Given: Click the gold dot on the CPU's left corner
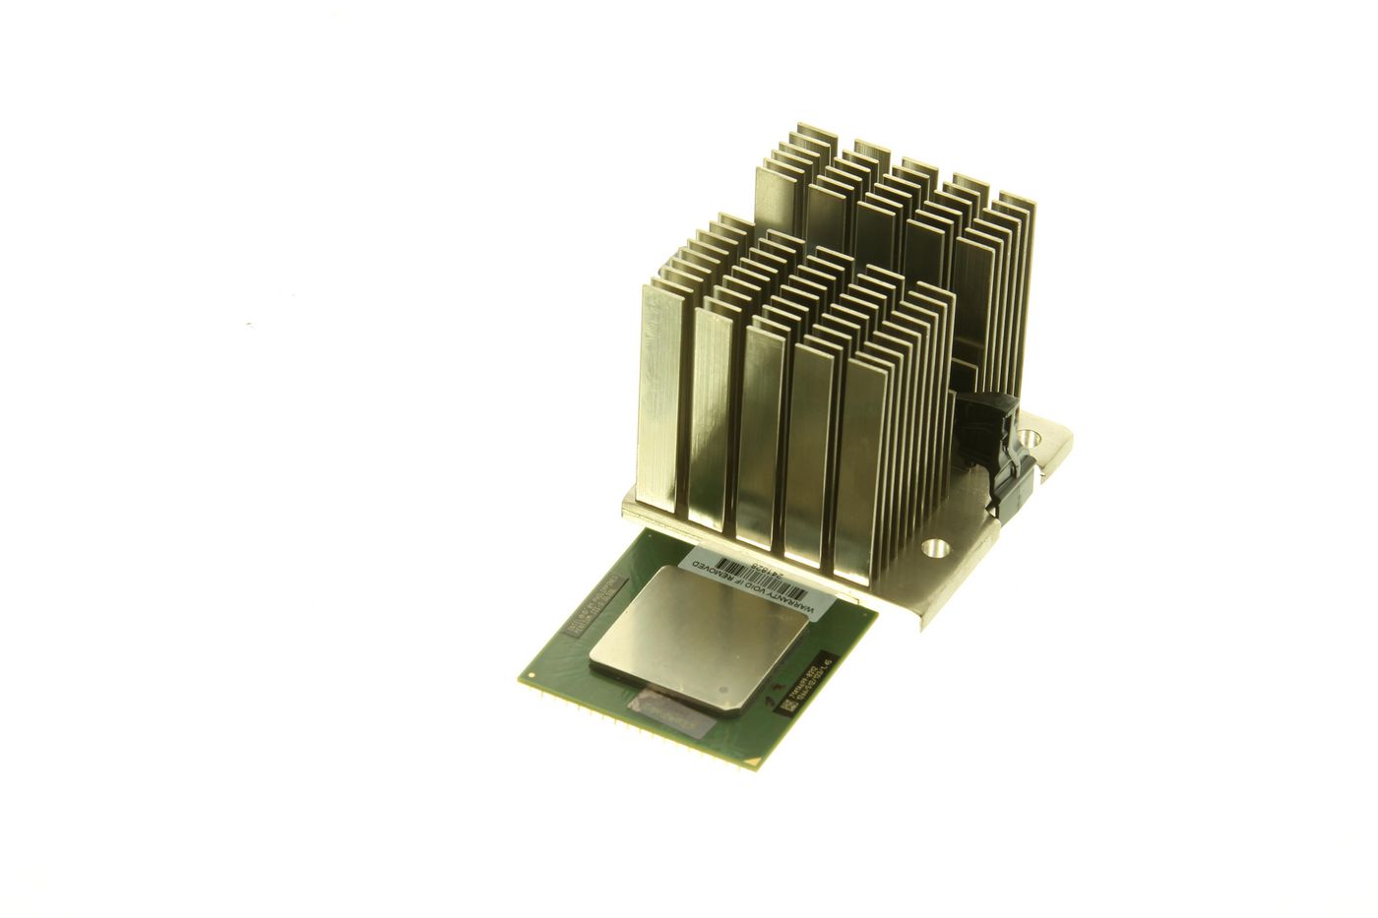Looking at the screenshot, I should pyautogui.click(x=531, y=676).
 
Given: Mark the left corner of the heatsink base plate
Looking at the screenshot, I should pyautogui.click(x=627, y=507).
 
